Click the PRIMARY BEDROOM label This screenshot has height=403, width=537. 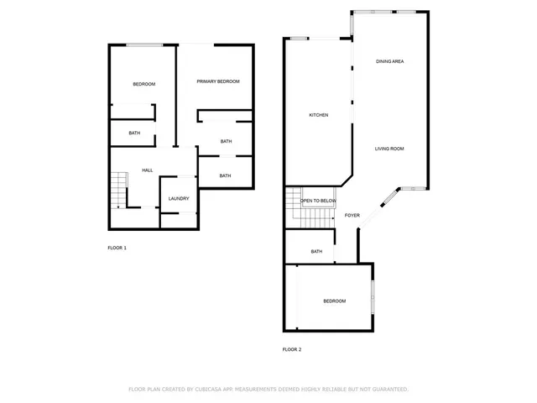pyautogui.click(x=218, y=81)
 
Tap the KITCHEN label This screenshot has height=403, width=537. pyautogui.click(x=318, y=115)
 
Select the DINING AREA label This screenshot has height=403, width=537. pyautogui.click(x=390, y=62)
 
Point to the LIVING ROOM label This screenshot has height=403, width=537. pyautogui.click(x=389, y=149)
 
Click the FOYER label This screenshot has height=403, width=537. pyautogui.click(x=352, y=216)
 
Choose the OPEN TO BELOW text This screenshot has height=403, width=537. pyautogui.click(x=319, y=201)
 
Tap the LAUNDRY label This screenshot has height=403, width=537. pyautogui.click(x=179, y=199)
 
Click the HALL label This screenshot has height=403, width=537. pyautogui.click(x=147, y=170)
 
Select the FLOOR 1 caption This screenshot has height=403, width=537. pyautogui.click(x=117, y=248)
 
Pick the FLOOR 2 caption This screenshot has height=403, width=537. pyautogui.click(x=291, y=349)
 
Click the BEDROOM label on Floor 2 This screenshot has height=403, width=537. pyautogui.click(x=335, y=301)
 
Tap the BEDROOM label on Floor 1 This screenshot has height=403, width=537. pyautogui.click(x=144, y=85)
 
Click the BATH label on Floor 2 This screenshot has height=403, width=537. pyautogui.click(x=316, y=252)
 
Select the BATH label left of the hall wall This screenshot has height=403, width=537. pyautogui.click(x=134, y=133)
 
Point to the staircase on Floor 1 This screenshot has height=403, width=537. pyautogui.click(x=119, y=188)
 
